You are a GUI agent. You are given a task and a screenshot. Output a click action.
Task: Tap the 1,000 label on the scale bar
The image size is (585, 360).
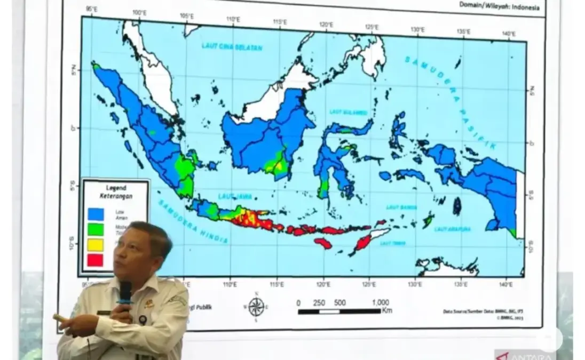coord(380,302)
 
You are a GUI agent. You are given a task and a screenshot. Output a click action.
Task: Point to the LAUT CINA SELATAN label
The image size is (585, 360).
coord(232,46)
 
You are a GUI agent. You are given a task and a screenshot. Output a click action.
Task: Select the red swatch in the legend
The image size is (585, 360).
coord(95,260)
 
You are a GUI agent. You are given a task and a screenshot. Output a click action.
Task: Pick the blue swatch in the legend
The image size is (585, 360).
coord(96,213)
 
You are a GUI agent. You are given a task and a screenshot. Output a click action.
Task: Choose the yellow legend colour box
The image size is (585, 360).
coord(95,244)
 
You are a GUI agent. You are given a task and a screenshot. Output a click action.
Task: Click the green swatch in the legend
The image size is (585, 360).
coord(96,229)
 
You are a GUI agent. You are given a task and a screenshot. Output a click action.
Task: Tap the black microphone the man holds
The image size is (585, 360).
coord(125,294)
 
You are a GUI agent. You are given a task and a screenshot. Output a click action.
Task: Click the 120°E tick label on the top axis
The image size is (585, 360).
coord(326,25)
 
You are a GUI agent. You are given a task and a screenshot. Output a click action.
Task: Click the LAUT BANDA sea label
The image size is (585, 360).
coord(401,206)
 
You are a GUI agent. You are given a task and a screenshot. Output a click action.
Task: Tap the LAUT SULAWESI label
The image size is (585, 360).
coord(348,113)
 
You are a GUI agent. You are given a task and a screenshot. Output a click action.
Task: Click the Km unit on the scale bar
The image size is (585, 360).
coord(387,310)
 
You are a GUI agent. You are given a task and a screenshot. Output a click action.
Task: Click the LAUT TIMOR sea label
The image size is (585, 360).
coord(392,243)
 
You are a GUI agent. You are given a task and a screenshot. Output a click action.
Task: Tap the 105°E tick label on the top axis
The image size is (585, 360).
coord(187,17)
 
